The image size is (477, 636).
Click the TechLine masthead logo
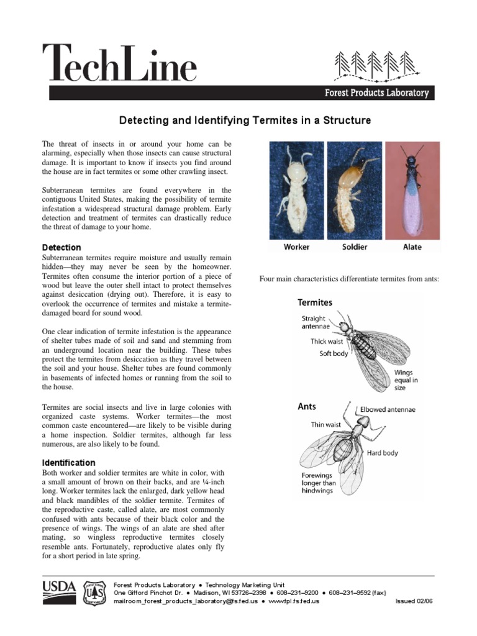119,63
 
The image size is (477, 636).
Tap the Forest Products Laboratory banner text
377,93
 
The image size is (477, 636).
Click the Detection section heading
61,248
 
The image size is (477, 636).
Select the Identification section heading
68,463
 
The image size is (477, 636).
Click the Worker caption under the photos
297,247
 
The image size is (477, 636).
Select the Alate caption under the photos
412,247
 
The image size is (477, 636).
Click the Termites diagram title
315,302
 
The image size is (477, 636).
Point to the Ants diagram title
307,407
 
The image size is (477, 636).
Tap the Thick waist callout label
327,342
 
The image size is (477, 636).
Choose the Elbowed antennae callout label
388,410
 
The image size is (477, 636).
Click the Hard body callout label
383,453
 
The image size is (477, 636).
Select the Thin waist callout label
326,425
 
